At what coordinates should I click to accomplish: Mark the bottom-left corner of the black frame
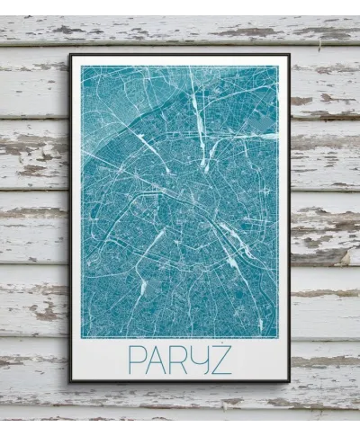click(x=70, y=381)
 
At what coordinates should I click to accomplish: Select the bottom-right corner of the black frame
click(x=289, y=381)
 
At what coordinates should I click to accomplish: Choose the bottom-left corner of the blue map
click(x=82, y=337)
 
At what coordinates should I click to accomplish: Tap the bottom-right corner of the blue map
click(x=278, y=337)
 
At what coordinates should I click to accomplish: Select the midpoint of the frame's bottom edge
click(x=180, y=381)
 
